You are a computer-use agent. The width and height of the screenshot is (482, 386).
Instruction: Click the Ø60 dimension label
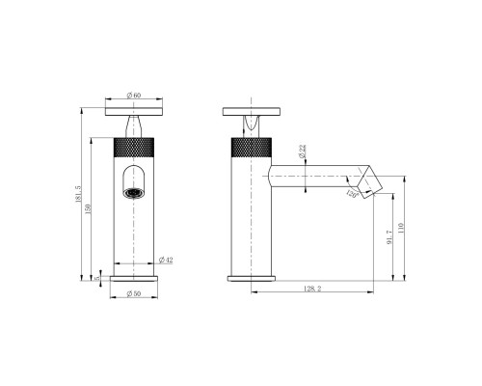tap(134, 96)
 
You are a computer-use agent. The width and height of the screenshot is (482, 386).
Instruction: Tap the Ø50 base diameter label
tap(134, 293)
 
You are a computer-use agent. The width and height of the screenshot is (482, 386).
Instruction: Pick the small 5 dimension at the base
tap(98, 275)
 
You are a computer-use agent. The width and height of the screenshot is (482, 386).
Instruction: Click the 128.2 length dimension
tap(309, 288)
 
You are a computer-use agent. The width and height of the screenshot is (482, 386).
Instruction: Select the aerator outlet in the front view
tap(133, 192)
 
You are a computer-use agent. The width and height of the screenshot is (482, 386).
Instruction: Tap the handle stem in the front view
tap(133, 125)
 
